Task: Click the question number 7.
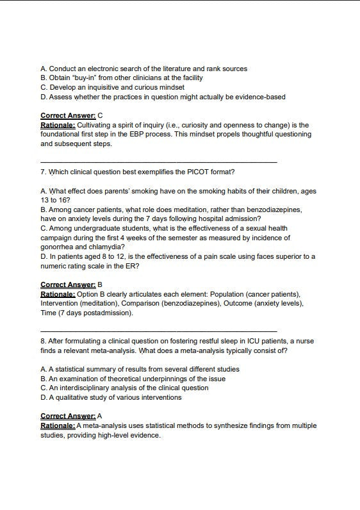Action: (43, 172)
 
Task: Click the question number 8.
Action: (43, 341)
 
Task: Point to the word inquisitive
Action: (100, 87)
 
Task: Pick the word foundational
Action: (63, 135)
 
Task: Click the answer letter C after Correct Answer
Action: (100, 116)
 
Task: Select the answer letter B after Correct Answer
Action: (100, 284)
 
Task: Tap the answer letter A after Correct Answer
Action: (100, 416)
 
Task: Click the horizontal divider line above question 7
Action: (158, 161)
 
